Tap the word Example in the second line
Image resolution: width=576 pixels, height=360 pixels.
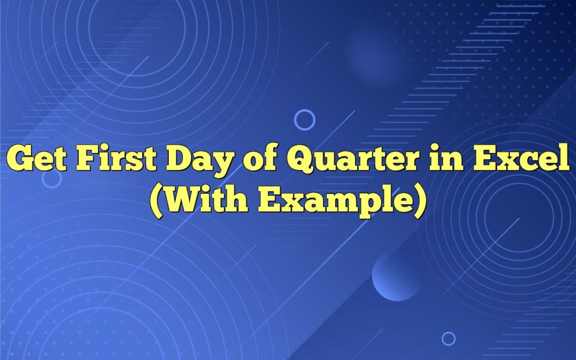(x=333, y=199)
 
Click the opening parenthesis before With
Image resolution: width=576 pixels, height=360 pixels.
(x=156, y=200)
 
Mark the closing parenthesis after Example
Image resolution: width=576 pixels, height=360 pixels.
(x=418, y=200)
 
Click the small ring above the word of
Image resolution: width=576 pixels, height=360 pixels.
(x=304, y=120)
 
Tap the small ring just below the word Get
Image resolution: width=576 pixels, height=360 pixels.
(x=52, y=179)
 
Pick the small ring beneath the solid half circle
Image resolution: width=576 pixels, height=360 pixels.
(x=448, y=338)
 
